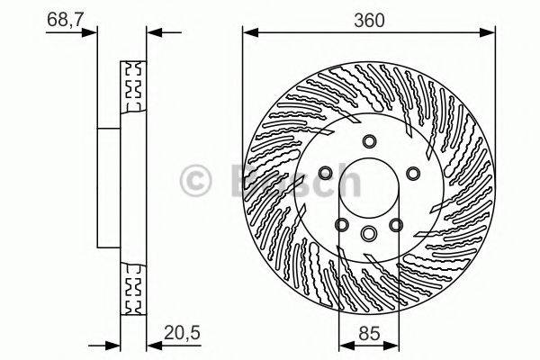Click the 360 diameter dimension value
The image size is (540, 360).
coord(369,19)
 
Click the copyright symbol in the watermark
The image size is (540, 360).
coord(199,180)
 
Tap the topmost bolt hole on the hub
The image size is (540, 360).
coord(369,140)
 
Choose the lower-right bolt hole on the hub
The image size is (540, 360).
coord(395,224)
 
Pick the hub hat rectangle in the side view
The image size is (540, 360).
coord(108,187)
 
